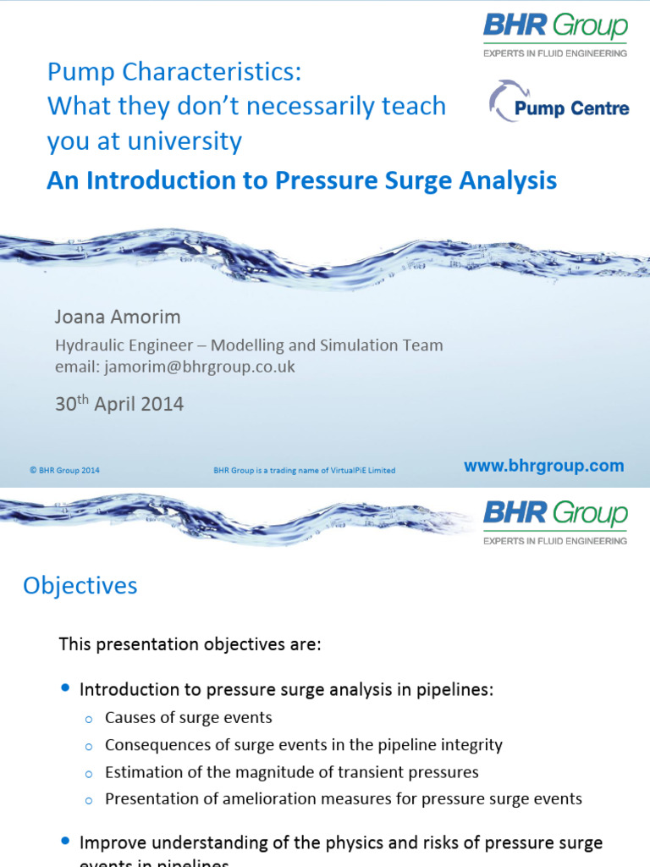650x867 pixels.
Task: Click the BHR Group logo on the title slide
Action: [x=555, y=34]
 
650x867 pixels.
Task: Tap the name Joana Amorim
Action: [x=118, y=318]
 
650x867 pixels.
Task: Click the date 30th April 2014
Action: [x=119, y=404]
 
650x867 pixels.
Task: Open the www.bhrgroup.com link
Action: [x=544, y=466]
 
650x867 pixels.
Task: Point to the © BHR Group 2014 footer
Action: [x=64, y=471]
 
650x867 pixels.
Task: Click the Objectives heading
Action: [x=80, y=586]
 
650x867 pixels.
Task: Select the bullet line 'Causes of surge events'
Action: [x=188, y=718]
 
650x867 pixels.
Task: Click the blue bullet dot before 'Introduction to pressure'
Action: [x=66, y=688]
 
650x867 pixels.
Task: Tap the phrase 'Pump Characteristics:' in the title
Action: [x=174, y=73]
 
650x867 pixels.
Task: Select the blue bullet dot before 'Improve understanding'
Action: [x=66, y=842]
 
